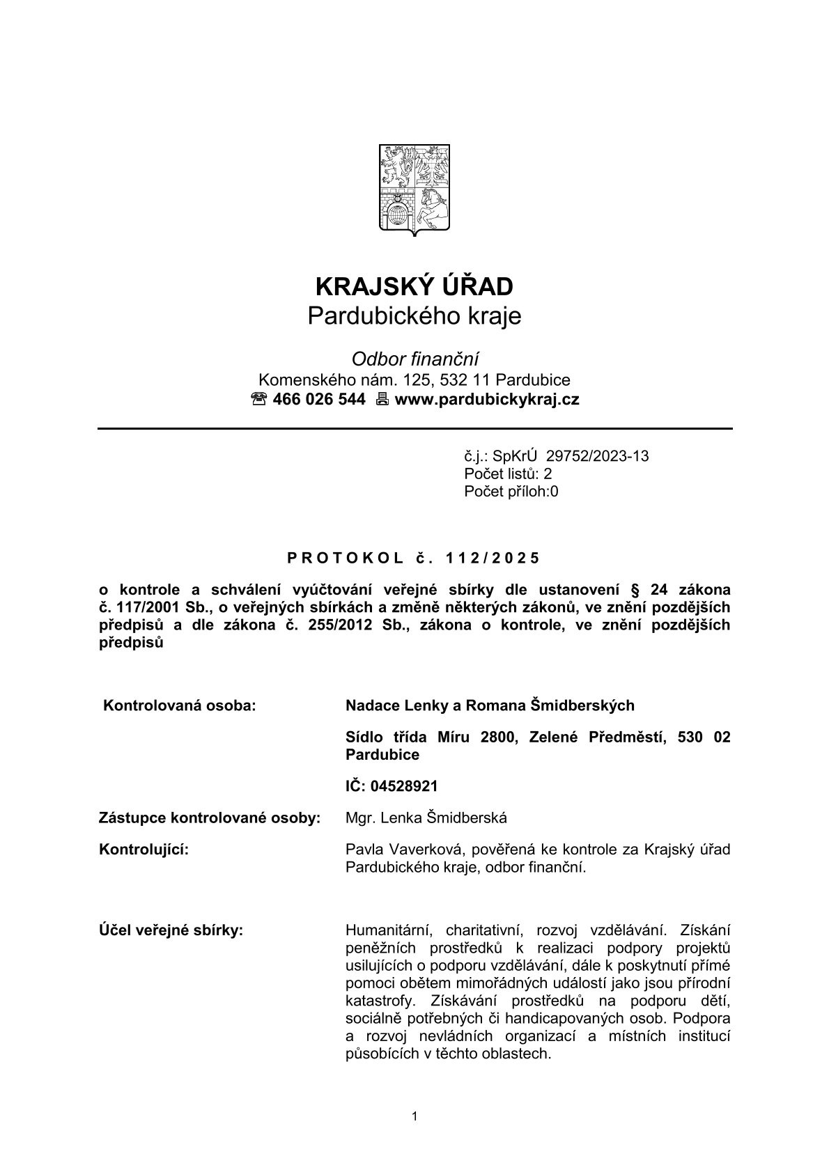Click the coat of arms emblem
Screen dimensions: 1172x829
tap(414, 189)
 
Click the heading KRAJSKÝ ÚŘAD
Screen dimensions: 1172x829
tap(414, 286)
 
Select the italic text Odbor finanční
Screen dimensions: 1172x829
tap(414, 359)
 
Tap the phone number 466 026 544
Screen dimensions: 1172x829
tap(319, 400)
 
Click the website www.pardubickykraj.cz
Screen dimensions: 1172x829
tap(486, 400)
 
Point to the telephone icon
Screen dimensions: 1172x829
tap(259, 400)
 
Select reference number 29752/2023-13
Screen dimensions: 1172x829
tap(597, 456)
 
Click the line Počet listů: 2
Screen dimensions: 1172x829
tap(508, 474)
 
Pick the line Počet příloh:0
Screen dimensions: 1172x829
tap(511, 492)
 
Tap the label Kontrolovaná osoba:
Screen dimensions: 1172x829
tap(180, 705)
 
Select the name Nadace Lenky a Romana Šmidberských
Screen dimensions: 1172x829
tap(490, 705)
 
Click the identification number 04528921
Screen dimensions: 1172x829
tap(404, 786)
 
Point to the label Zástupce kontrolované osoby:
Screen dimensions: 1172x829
tap(210, 818)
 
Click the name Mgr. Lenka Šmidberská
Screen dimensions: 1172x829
tap(426, 818)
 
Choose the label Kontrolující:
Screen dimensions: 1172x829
tap(144, 850)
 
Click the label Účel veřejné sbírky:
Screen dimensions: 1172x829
tap(171, 930)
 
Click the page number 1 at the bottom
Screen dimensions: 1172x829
tap(414, 1116)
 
